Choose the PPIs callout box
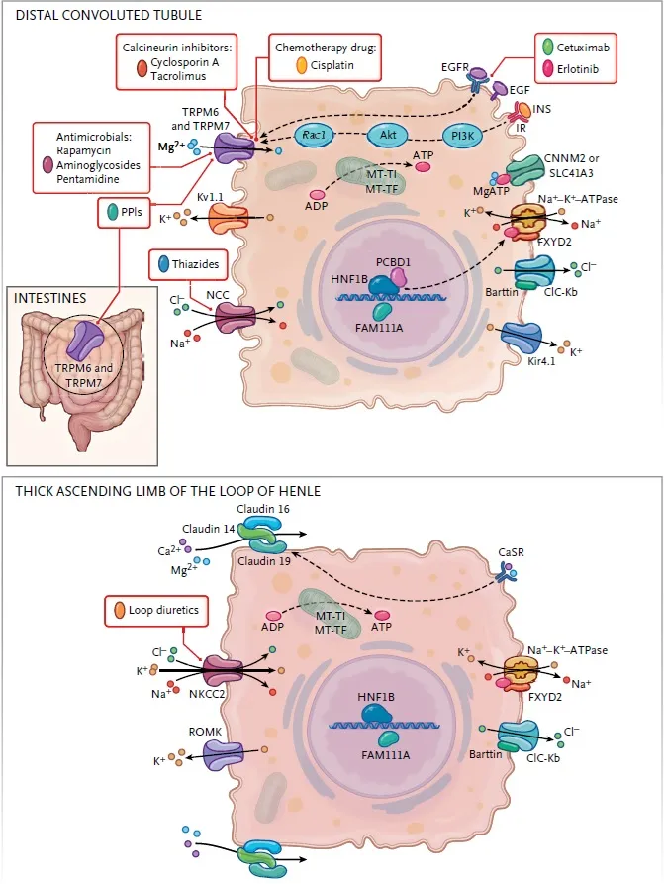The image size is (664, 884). (x=128, y=212)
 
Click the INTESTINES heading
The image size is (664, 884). (x=51, y=297)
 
